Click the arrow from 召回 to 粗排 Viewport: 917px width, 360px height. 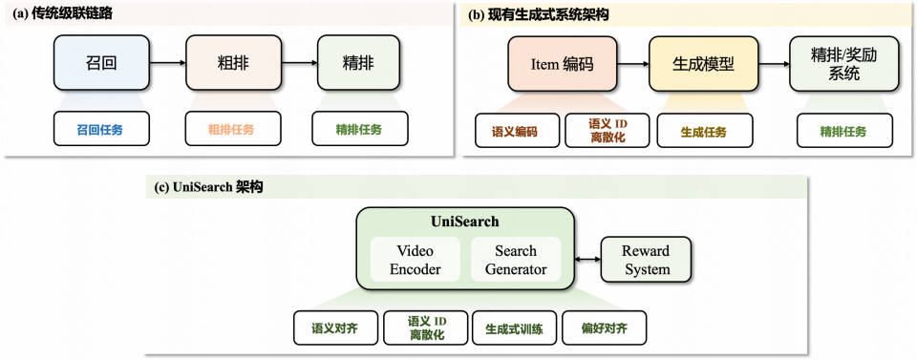pos(168,63)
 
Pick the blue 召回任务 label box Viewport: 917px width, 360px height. pos(100,128)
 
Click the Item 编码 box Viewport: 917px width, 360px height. pos(563,65)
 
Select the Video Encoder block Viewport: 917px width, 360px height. pos(416,260)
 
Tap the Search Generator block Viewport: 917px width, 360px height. pos(516,260)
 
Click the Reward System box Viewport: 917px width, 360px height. pos(647,260)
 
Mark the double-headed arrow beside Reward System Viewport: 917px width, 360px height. pos(587,260)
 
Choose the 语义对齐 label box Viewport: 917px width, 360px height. pos(335,328)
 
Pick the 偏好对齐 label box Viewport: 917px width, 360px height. pos(605,328)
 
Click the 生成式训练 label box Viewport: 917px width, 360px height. pos(514,328)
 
